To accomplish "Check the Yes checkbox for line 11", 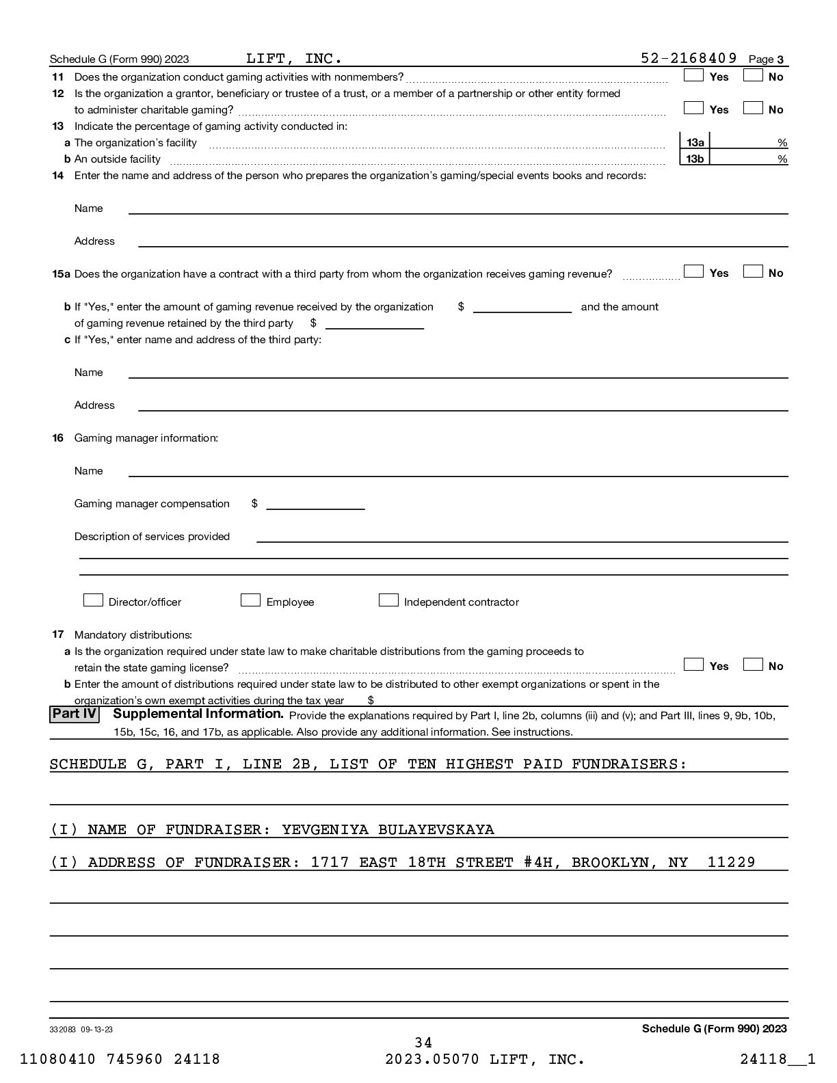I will point(693,76).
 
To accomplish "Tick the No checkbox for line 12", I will point(753,108).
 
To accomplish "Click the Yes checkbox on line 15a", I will point(693,272).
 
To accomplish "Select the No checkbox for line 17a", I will point(753,665).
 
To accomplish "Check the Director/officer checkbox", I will point(93,600).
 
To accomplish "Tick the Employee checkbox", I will point(250,600).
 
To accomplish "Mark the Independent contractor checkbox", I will point(388,600).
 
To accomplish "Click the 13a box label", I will point(695,142).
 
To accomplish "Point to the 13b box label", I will point(695,159).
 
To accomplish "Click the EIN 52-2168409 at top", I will point(689,58).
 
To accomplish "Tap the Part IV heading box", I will point(75,714).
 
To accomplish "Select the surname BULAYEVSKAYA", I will point(436,830).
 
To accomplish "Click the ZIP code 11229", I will point(731,863).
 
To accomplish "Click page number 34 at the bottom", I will point(423,1043).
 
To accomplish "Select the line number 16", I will point(58,438).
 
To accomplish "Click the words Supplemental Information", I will point(198,714).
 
